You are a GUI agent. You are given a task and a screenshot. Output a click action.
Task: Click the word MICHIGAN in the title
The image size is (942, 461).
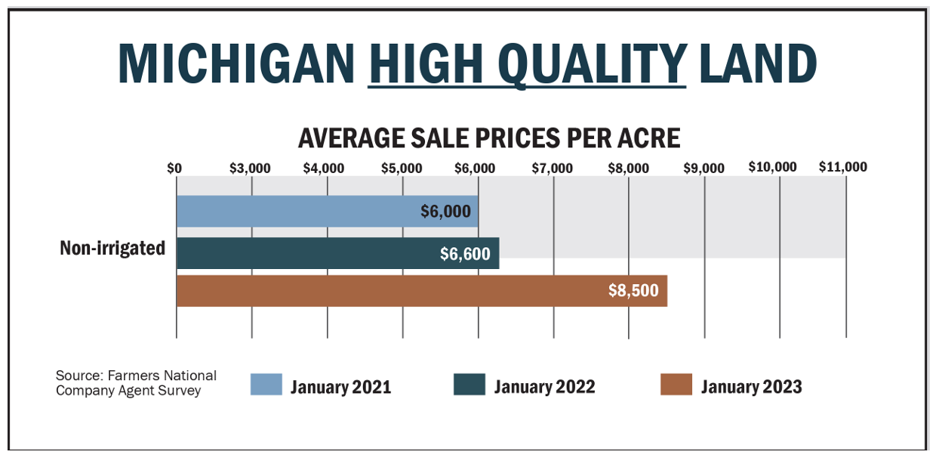pos(236,63)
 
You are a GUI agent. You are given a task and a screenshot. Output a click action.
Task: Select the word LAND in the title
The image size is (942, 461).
pos(758,63)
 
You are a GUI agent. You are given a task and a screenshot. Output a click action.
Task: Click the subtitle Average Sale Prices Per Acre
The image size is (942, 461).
pos(489,138)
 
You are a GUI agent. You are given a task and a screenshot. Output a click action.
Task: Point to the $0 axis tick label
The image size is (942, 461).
pos(174,168)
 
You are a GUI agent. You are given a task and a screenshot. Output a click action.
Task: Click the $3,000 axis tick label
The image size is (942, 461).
pos(250,168)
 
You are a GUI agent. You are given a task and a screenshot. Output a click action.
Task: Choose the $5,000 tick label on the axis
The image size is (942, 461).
pos(402,168)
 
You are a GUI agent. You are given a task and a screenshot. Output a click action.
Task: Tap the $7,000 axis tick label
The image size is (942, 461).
pos(553,168)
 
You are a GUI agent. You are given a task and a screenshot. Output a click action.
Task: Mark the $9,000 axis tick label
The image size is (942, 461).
pos(703,168)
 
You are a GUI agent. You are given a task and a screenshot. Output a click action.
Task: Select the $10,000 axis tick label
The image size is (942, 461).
pos(772,167)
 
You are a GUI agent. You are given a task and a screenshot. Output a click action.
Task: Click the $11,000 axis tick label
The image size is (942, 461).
pos(843,167)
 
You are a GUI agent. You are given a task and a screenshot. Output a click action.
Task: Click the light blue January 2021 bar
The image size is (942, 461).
pos(302,212)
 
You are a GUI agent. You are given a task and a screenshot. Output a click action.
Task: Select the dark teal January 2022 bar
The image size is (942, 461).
pos(302,253)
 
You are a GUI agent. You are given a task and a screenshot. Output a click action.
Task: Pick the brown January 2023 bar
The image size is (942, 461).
pos(377,291)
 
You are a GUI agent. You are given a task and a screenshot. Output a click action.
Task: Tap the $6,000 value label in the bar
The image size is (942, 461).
pos(445,212)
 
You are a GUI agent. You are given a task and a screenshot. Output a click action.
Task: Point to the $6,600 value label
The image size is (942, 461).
pos(465,254)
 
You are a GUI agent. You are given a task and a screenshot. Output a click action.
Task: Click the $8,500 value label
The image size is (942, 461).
pos(633,291)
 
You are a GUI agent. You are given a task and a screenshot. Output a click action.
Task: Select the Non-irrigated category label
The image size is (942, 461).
pos(112,248)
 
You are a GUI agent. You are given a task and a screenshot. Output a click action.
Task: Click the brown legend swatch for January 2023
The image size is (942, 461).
pos(676,385)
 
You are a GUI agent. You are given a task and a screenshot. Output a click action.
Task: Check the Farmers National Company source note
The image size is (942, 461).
pos(136,383)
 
